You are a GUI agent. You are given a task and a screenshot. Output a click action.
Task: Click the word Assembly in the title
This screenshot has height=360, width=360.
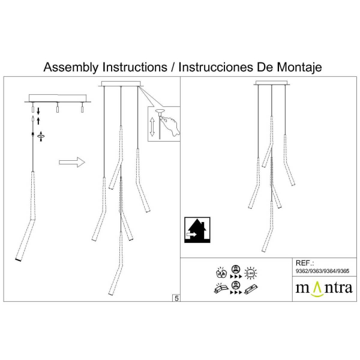click(71, 67)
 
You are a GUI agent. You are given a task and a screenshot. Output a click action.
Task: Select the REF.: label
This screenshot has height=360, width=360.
click(304, 263)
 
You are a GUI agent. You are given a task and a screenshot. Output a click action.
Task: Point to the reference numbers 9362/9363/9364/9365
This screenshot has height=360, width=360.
click(322, 271)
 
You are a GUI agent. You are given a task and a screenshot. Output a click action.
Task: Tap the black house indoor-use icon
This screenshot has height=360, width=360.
click(196, 230)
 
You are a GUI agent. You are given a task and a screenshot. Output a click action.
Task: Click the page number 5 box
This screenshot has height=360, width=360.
click(176, 298)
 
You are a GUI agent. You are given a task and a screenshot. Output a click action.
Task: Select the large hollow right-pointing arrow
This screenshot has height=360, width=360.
click(71, 162)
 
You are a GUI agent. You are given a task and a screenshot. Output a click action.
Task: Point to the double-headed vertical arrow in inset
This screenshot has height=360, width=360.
click(152, 128)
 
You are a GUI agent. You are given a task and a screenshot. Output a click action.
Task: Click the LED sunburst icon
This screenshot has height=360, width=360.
click(251, 274)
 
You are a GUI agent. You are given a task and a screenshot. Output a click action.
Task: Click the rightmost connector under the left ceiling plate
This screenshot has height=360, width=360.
click(82, 108)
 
